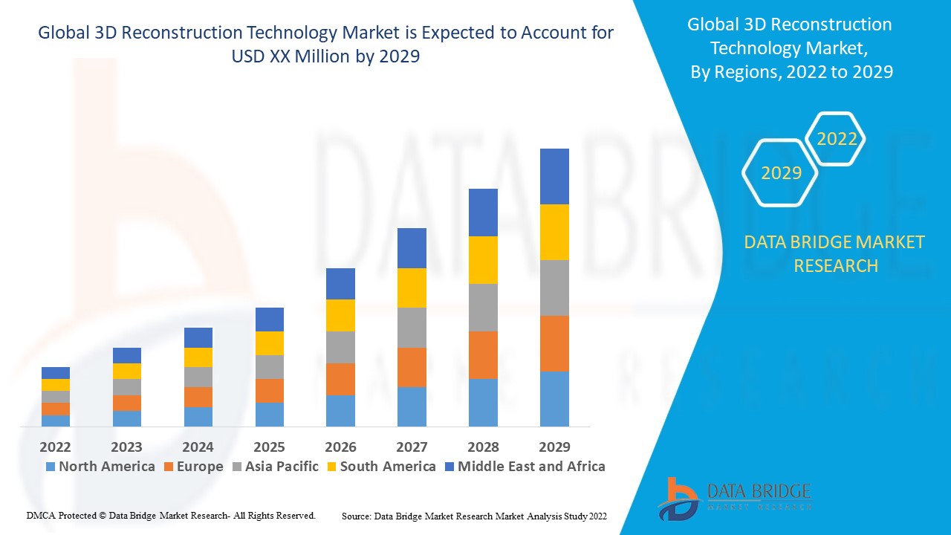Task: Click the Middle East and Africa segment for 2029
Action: tap(554, 176)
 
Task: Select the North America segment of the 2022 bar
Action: tap(56, 421)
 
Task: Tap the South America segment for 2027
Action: tap(412, 288)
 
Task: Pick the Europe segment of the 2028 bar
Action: tap(483, 355)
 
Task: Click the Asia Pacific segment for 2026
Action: tap(340, 347)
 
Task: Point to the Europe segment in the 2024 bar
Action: tap(198, 397)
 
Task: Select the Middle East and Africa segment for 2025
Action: tap(270, 320)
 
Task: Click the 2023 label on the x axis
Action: tap(127, 447)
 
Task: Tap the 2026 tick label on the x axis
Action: tap(340, 447)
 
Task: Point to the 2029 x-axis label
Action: tap(554, 447)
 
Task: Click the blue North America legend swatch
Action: tap(51, 467)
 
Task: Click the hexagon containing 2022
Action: tap(837, 139)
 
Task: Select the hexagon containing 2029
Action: tap(781, 173)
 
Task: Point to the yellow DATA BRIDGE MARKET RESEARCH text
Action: tap(835, 253)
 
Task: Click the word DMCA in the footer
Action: tap(40, 515)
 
